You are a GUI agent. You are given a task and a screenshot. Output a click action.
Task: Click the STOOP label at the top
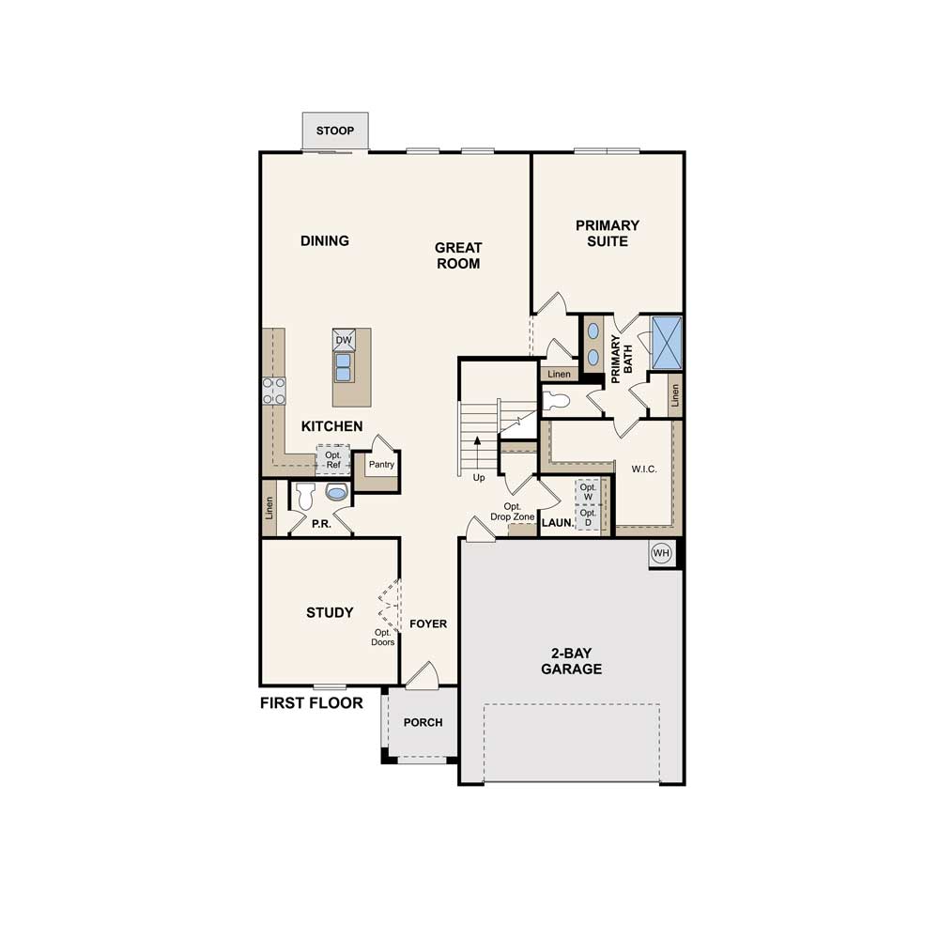(x=335, y=131)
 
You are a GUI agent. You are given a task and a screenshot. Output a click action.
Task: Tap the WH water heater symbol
(x=661, y=553)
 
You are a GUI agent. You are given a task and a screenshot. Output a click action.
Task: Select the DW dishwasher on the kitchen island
(x=344, y=340)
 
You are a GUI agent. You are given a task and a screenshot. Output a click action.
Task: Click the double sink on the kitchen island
(x=343, y=367)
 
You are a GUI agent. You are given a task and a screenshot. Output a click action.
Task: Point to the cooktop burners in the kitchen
(x=273, y=391)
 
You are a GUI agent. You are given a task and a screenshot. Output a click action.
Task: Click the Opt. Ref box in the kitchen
(x=333, y=460)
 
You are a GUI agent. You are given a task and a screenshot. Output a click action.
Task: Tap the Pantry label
(x=381, y=464)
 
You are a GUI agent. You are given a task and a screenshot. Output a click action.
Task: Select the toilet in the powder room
(x=305, y=496)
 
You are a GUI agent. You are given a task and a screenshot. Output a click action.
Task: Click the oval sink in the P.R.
(x=336, y=492)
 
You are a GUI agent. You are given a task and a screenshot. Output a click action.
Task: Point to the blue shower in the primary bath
(x=667, y=342)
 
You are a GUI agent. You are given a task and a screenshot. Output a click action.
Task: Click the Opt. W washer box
(x=588, y=492)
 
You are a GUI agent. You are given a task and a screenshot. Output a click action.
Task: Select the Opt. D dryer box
(x=588, y=517)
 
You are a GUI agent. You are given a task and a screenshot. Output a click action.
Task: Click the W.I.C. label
(x=644, y=469)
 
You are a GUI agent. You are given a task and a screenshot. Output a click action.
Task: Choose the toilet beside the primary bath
(x=556, y=400)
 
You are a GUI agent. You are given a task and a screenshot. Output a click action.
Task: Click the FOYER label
(x=428, y=624)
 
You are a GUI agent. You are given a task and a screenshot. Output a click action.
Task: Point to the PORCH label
(x=423, y=723)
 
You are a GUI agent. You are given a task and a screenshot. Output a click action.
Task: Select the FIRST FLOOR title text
(x=312, y=703)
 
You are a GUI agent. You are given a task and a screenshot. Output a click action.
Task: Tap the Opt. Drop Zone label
(x=513, y=512)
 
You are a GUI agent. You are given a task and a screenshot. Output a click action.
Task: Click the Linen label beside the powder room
(x=269, y=508)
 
